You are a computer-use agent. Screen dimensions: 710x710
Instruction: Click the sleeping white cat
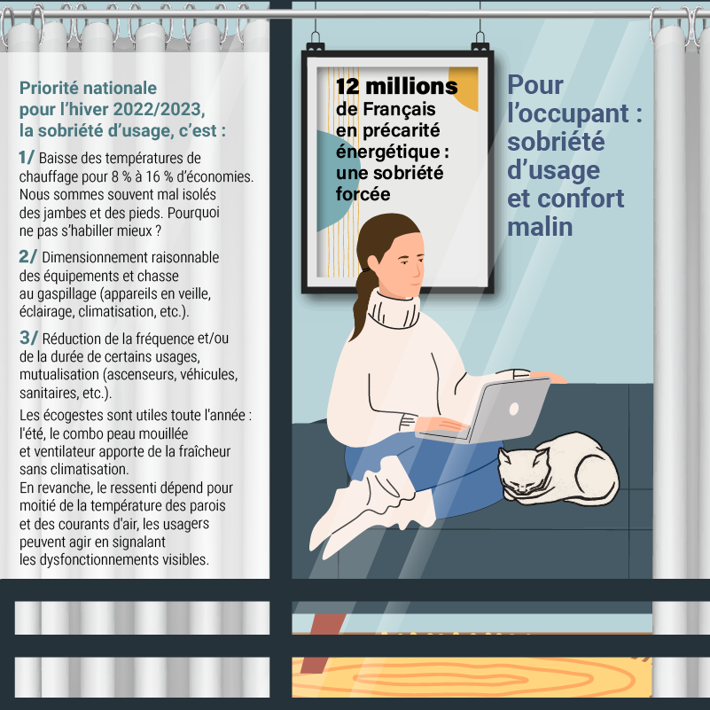tap(558, 469)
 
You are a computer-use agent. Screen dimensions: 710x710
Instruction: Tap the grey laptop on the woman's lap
tap(485, 410)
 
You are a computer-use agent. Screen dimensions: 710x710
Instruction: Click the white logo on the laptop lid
tap(514, 409)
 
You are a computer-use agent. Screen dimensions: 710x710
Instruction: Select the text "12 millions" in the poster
tap(396, 86)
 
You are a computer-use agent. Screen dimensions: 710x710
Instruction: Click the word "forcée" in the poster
tap(363, 194)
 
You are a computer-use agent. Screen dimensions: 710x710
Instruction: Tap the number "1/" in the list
tap(27, 157)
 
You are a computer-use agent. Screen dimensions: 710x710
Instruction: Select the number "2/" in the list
tap(27, 256)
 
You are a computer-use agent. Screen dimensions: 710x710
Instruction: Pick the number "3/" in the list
tap(28, 338)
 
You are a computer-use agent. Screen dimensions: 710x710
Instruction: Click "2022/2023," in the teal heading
tap(159, 110)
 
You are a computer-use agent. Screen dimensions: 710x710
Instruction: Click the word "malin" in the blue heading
tap(540, 227)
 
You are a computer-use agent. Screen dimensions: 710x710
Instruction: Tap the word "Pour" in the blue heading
tap(535, 85)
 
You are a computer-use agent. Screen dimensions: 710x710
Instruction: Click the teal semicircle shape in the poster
tap(332, 181)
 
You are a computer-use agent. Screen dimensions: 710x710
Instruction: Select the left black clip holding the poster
tap(316, 44)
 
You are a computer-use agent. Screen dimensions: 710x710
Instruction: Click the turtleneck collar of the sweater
tap(393, 310)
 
